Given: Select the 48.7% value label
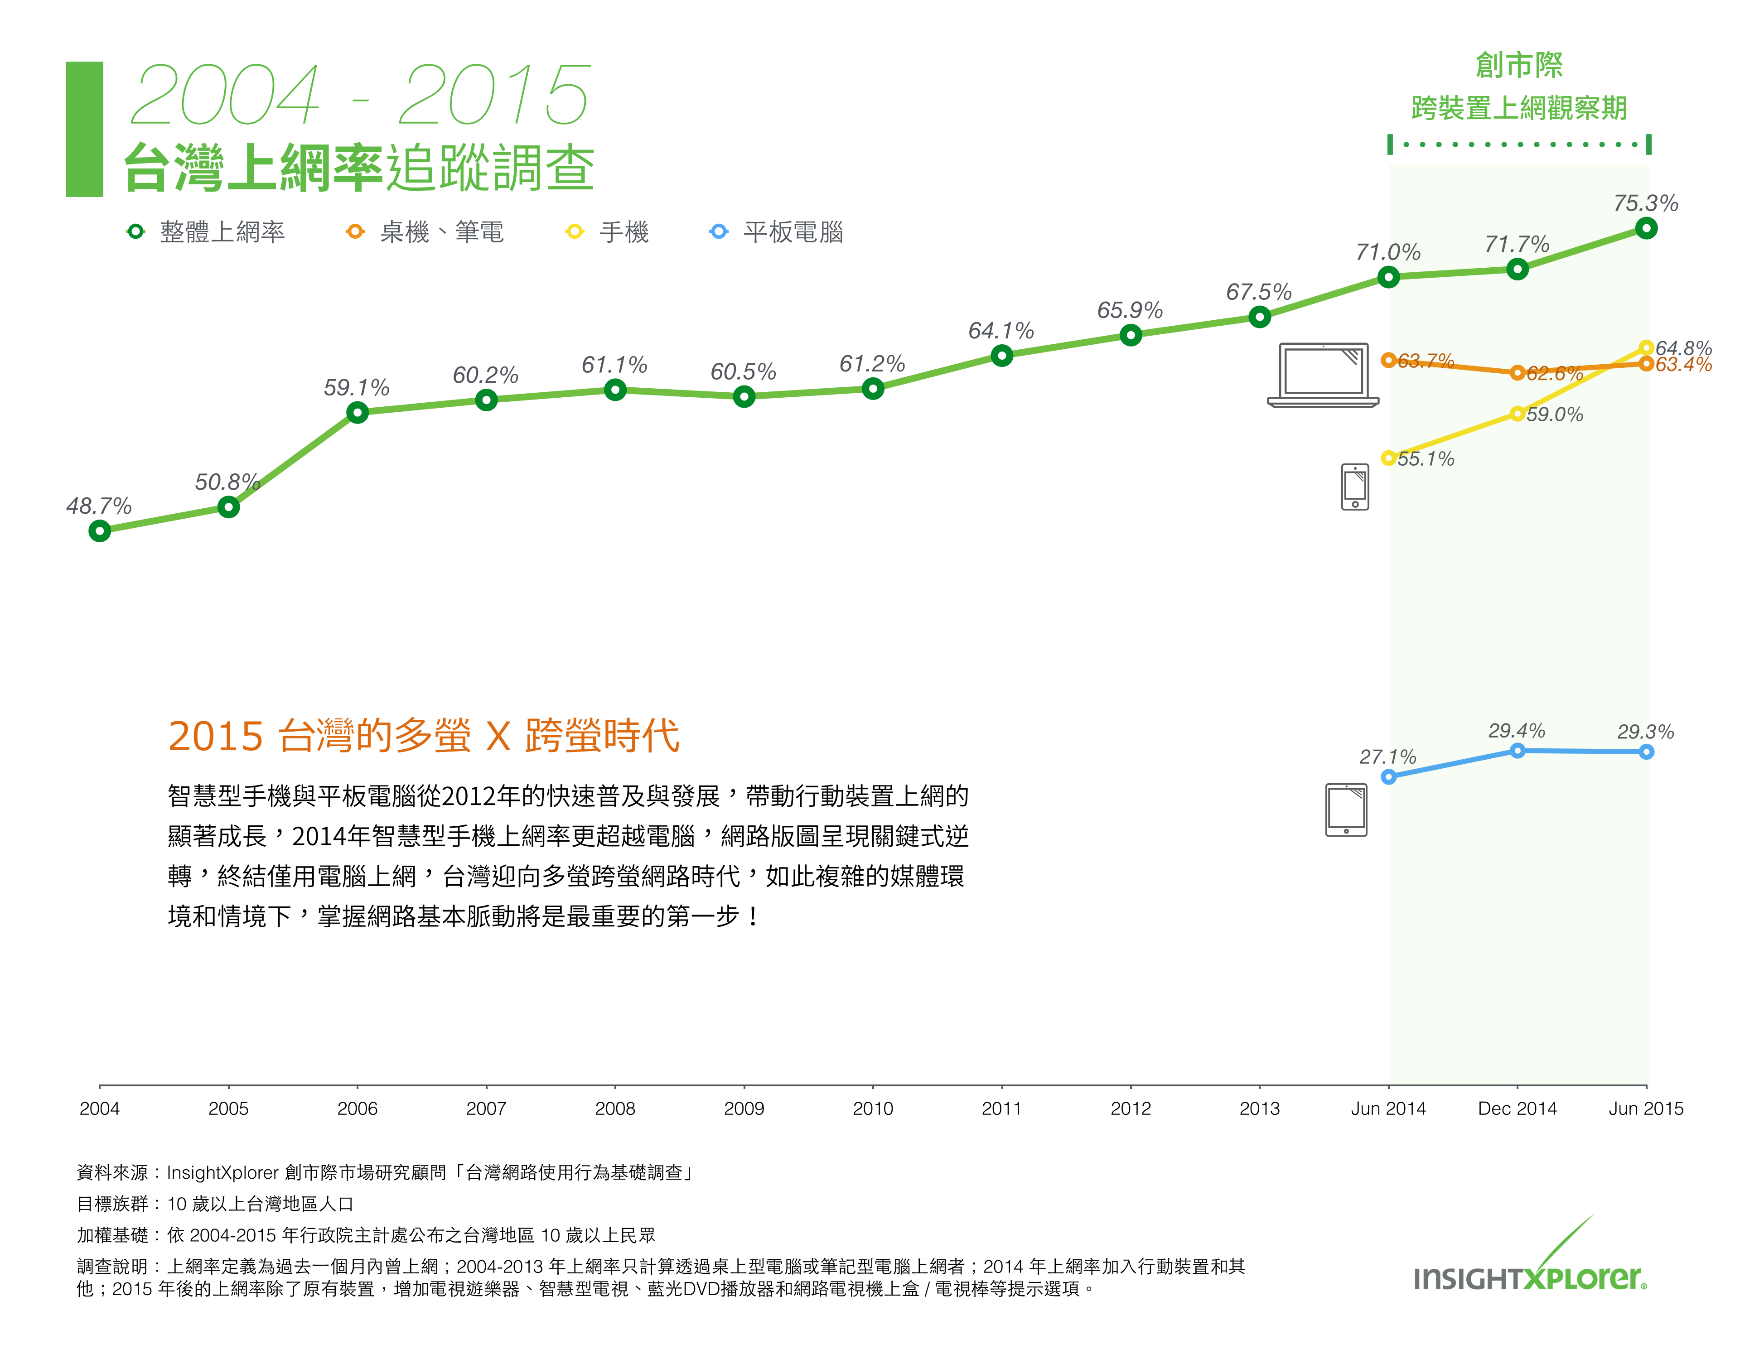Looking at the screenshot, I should pyautogui.click(x=99, y=506).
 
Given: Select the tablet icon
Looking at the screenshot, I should pyautogui.click(x=1346, y=810).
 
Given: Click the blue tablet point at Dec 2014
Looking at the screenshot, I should pyautogui.click(x=1517, y=751).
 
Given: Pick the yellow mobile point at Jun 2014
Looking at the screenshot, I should pyautogui.click(x=1388, y=458).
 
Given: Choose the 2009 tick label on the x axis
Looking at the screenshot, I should pyautogui.click(x=743, y=1108).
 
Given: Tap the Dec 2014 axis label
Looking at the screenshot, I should pyautogui.click(x=1517, y=1108).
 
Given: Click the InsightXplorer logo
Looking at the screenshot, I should pyautogui.click(x=1530, y=1267).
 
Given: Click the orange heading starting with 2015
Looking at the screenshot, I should pyautogui.click(x=423, y=735).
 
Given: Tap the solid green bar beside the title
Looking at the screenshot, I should pyautogui.click(x=84, y=129).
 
